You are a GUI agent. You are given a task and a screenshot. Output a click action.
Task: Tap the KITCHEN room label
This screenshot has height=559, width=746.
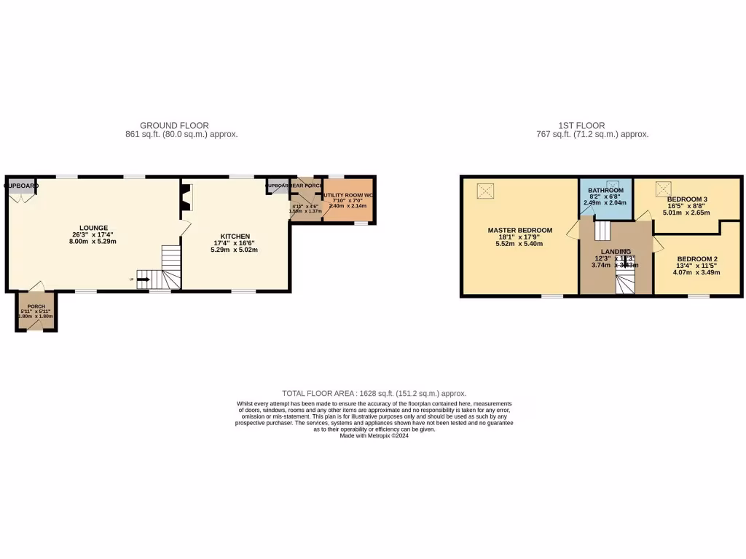[x=235, y=236]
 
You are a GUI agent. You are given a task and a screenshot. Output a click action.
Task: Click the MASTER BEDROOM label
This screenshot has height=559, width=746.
[x=519, y=230]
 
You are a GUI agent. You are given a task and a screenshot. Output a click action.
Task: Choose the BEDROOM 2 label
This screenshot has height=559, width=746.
[x=697, y=259]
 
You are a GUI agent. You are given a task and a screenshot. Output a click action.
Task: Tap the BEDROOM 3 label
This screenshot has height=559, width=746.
[x=687, y=199]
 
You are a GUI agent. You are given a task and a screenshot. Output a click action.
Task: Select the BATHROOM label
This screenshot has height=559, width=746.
[x=605, y=190]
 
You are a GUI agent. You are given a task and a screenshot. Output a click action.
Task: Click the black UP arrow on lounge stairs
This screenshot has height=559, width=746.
[x=142, y=279]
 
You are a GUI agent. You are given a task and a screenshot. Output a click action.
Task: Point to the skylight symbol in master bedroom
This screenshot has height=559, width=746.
[x=486, y=191]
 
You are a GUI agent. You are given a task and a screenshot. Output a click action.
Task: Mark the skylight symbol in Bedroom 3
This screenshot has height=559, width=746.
[x=663, y=187]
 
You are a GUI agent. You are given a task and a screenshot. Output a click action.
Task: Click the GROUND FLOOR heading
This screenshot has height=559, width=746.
[x=174, y=125]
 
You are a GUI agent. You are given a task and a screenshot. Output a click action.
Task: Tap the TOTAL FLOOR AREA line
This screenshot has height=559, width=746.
[x=374, y=393]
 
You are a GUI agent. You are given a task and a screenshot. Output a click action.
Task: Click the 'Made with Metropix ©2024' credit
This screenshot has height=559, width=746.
[x=374, y=436]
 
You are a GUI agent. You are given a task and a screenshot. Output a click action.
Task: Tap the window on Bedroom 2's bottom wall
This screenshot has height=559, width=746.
[x=699, y=296]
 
